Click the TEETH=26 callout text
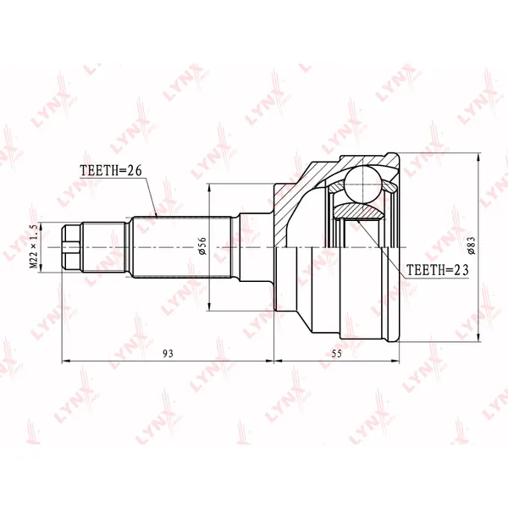(x=111, y=170)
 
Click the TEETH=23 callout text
(x=438, y=269)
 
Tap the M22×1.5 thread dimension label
(x=34, y=247)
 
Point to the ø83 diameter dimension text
(x=472, y=246)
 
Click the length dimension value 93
(x=168, y=353)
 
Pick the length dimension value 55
(x=337, y=353)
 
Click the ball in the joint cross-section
(x=363, y=185)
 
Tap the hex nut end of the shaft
(x=71, y=247)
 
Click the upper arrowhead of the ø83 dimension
(x=479, y=157)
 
